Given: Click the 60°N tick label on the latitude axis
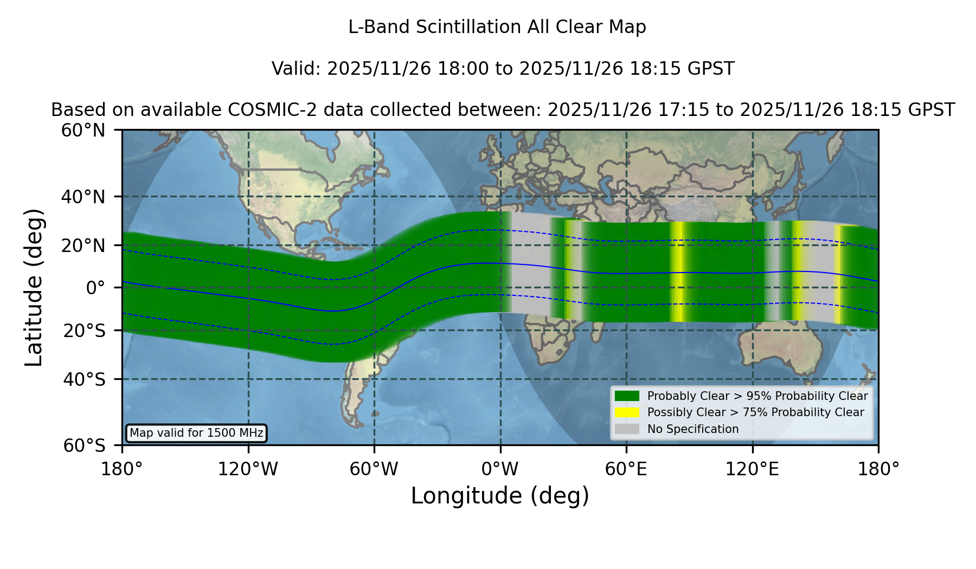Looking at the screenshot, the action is click(x=84, y=131).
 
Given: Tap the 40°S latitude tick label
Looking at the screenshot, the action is click(x=84, y=379).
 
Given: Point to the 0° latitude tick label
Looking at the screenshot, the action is click(x=96, y=288).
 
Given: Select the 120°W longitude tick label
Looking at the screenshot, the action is click(x=248, y=469).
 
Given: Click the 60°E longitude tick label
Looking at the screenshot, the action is click(x=626, y=469).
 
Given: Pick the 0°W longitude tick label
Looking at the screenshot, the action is click(x=500, y=469).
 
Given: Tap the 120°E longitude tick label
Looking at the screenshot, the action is click(x=752, y=469).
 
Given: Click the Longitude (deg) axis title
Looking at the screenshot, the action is click(x=500, y=496).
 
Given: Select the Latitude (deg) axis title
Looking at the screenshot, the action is click(x=34, y=287).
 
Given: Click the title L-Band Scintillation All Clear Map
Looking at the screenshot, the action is click(x=497, y=27).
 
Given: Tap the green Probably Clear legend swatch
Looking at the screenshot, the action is click(x=627, y=396).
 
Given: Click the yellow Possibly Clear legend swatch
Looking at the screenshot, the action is click(x=627, y=412).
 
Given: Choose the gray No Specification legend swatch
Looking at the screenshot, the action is click(x=627, y=429).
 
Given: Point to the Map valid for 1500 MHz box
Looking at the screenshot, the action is click(x=196, y=433).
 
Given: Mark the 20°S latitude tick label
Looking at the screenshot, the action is click(x=84, y=331).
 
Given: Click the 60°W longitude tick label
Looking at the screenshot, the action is click(x=374, y=469).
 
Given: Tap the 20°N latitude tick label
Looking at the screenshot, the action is click(x=84, y=245).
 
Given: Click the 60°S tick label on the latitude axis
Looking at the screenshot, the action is click(x=84, y=446).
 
